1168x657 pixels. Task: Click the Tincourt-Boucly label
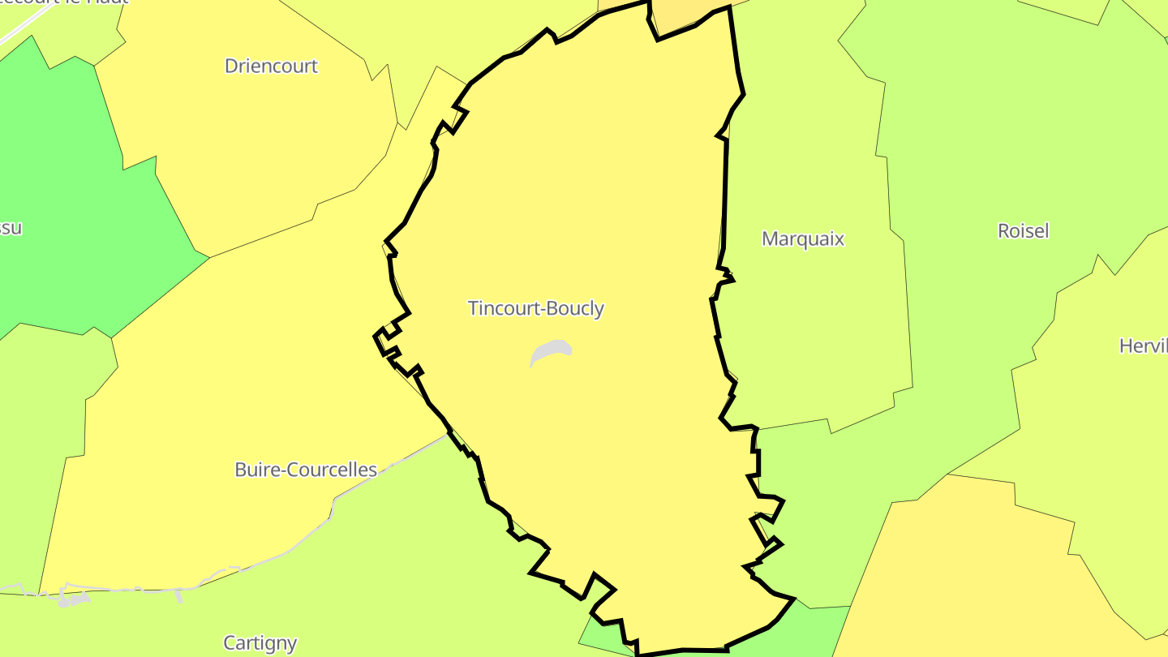coord(536,309)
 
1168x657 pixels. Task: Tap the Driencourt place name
coord(271,67)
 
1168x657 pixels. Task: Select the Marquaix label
coord(803,239)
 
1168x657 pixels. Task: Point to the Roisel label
coord(1023,231)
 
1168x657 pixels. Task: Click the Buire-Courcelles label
coord(306,470)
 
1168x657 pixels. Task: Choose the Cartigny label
coord(260,643)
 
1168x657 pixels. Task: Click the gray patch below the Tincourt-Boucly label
coord(552,351)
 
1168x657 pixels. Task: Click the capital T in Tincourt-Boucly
coord(473,309)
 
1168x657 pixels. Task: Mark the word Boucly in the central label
coord(576,309)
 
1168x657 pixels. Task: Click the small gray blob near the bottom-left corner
coord(73,600)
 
